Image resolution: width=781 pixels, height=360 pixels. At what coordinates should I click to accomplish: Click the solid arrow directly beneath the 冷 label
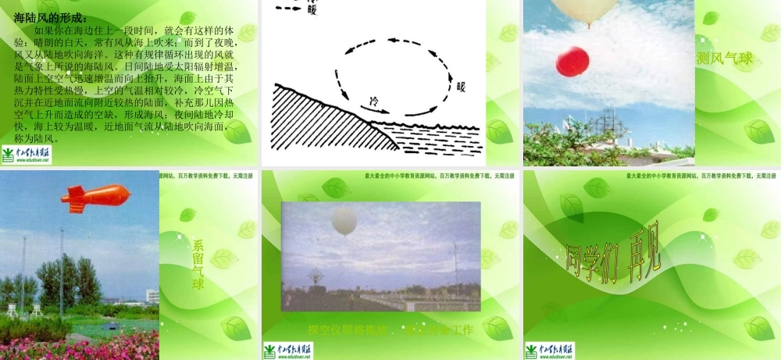(379, 112)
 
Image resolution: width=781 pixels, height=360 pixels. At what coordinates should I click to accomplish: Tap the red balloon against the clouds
(572, 62)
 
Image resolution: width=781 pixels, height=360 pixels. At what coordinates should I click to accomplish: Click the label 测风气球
(724, 58)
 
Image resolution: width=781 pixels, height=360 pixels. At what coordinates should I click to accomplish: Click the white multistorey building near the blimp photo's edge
(152, 296)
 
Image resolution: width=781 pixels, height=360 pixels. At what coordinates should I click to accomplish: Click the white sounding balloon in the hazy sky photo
(344, 222)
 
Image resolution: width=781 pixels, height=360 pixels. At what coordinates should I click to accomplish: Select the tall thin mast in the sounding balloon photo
(456, 266)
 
